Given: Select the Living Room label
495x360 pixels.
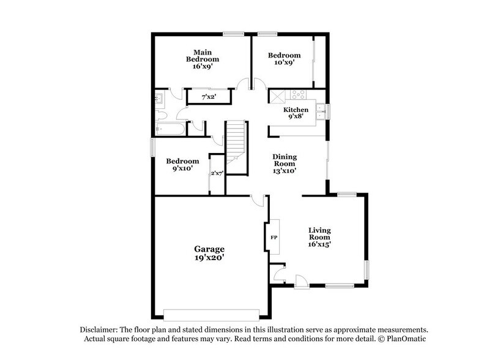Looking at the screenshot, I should [319, 237].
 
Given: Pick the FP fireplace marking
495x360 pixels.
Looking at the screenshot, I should [274, 236].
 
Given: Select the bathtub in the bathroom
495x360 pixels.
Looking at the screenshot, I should [169, 129].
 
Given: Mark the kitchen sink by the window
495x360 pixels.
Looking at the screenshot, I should [320, 111].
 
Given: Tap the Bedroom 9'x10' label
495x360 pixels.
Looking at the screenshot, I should [180, 165].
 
